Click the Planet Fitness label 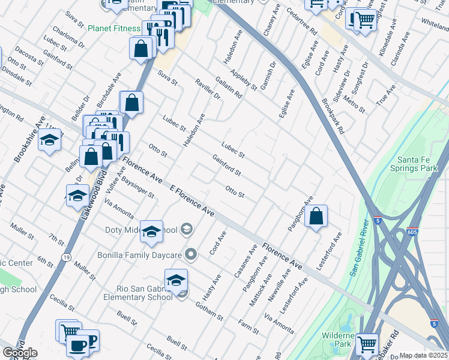pos(113,28)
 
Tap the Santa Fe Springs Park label pos(420,164)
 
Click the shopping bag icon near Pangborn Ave pos(316,217)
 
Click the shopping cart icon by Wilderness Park pos(366,344)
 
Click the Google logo pos(20,353)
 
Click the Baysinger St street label pos(138,186)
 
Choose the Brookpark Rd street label pos(333,116)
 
